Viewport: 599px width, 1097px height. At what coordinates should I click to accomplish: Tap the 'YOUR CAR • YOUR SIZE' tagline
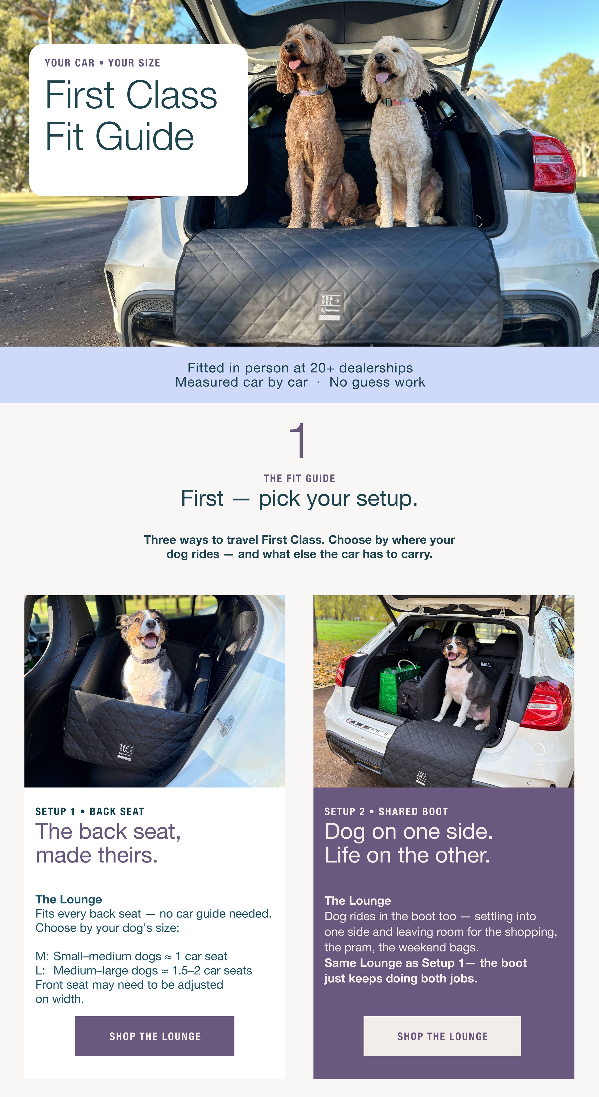tap(102, 63)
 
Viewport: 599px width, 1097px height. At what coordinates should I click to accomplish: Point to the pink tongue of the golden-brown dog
tap(294, 65)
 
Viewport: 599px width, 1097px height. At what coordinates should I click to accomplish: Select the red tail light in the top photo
tap(553, 162)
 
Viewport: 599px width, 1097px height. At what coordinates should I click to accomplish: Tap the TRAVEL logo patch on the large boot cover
tap(331, 307)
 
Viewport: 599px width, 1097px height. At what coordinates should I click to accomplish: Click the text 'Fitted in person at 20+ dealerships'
tap(300, 368)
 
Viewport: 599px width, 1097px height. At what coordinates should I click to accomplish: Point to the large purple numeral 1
tap(298, 440)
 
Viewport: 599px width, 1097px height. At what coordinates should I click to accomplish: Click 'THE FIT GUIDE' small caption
tap(299, 478)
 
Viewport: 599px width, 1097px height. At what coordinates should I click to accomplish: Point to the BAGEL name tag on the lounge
tap(486, 664)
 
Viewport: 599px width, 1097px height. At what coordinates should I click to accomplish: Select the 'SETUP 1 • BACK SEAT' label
tap(90, 811)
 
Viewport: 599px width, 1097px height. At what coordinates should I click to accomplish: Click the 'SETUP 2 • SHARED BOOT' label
tap(386, 811)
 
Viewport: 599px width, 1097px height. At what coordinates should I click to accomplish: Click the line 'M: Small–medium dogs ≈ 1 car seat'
tap(131, 956)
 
